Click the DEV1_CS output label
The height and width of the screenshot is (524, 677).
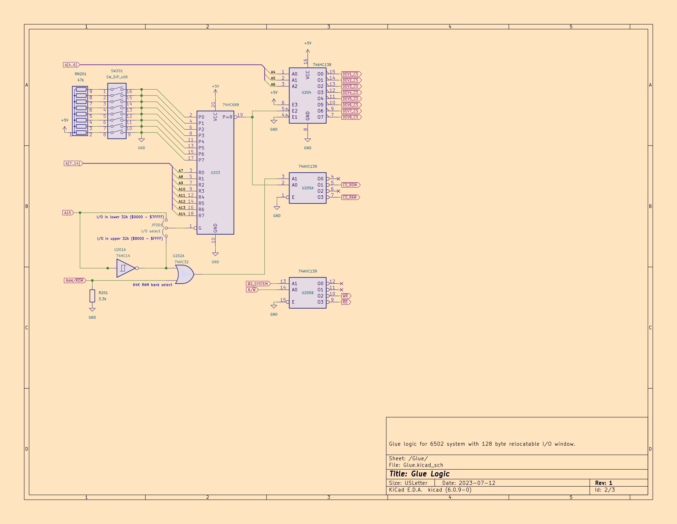coord(351,74)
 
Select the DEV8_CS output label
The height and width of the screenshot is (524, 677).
coord(351,117)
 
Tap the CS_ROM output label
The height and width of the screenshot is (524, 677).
coord(351,185)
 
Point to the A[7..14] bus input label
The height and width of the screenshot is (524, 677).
coord(73,163)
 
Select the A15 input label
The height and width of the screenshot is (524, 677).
coord(68,213)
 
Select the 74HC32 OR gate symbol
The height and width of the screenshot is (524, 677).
coord(184,274)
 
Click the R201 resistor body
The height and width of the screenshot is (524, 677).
coord(92,296)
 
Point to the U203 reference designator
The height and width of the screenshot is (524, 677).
coord(215,173)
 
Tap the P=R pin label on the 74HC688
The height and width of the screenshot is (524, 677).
coord(227,117)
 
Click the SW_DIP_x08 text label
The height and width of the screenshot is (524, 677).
coord(117,77)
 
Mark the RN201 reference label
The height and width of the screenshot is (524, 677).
coord(81,74)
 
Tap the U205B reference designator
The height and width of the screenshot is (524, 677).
coord(308,293)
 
